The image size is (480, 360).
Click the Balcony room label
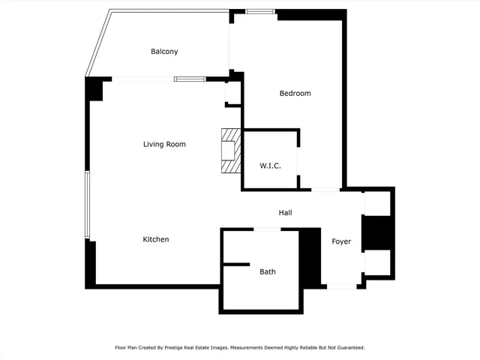(x=164, y=51)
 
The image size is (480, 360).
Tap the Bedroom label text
(x=295, y=93)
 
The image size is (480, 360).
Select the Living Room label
(x=164, y=144)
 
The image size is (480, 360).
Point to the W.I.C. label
(x=270, y=165)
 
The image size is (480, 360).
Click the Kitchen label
(x=156, y=239)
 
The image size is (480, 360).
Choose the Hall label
(x=285, y=213)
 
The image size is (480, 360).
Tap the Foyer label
(x=341, y=241)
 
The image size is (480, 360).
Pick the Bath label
(x=268, y=271)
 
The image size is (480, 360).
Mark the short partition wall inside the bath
(x=235, y=264)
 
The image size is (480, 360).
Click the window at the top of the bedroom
(x=260, y=11)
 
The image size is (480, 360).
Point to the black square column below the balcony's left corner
(x=94, y=89)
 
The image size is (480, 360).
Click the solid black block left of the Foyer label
(x=310, y=257)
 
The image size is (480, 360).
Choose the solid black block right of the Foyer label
(x=377, y=232)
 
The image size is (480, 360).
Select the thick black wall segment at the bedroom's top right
(x=311, y=13)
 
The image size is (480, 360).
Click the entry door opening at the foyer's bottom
(x=341, y=286)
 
